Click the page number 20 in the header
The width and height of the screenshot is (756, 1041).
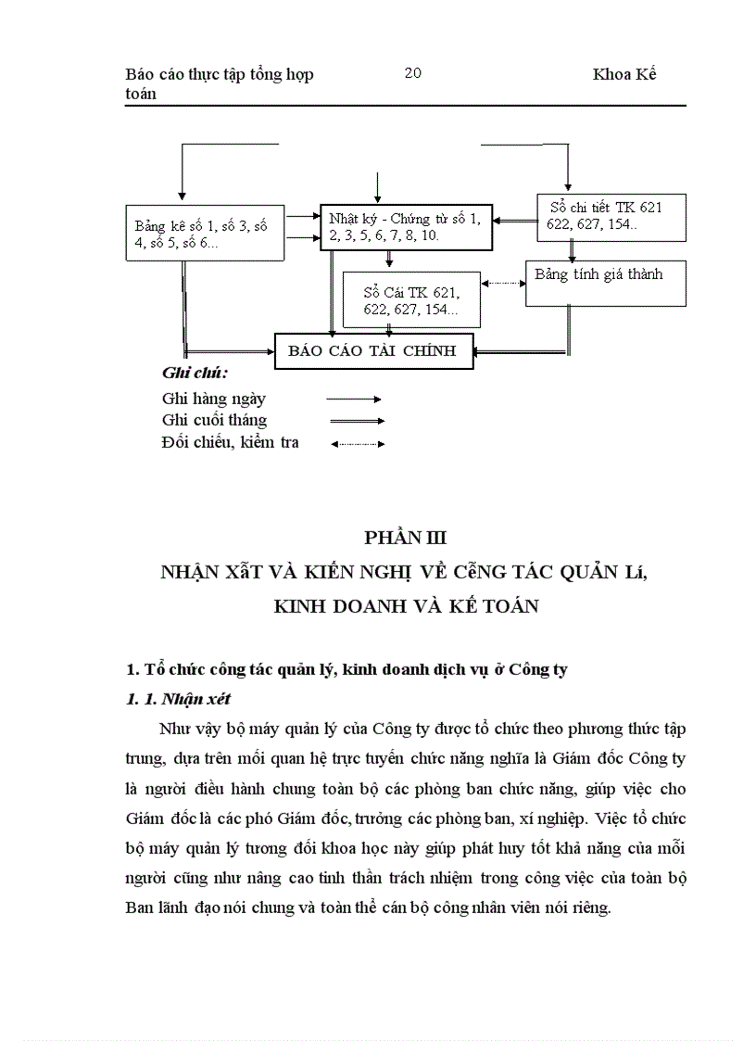point(413,74)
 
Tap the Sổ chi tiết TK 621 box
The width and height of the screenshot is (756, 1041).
point(611,217)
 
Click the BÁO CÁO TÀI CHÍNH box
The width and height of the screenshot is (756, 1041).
point(374,351)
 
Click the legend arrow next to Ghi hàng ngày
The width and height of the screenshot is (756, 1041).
point(352,400)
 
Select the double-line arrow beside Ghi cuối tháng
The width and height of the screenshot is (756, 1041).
point(352,421)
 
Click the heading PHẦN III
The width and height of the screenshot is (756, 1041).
point(406,538)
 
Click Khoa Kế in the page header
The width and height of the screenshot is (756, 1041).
point(624,75)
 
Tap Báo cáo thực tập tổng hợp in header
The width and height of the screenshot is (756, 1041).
point(219,75)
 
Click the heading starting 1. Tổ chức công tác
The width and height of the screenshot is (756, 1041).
point(346,670)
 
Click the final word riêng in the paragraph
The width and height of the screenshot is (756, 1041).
point(590,908)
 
